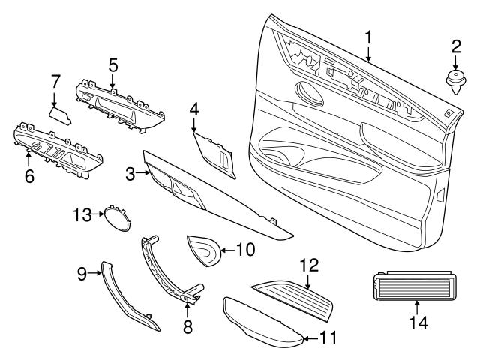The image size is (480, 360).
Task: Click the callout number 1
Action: (368, 37)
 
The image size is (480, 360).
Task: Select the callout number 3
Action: (130, 174)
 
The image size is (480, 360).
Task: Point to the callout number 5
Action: (112, 64)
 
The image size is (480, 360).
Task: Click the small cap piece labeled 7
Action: (60, 114)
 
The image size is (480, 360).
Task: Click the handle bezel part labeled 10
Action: (201, 249)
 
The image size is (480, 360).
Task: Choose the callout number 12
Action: (309, 264)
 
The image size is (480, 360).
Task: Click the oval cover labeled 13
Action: (115, 217)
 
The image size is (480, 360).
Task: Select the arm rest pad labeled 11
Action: (262, 321)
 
